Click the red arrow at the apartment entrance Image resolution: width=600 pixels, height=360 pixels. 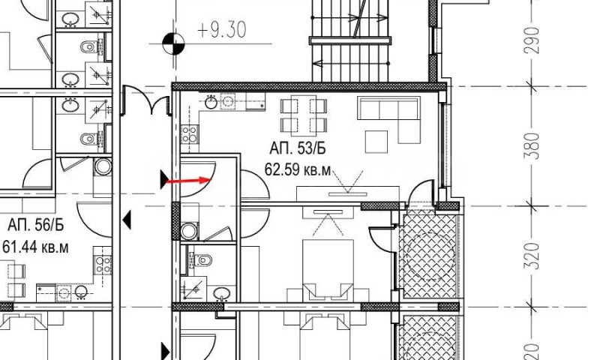(x=187, y=181)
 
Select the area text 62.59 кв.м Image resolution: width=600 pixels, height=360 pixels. (x=298, y=169)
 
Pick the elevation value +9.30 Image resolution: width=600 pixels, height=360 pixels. (x=221, y=32)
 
